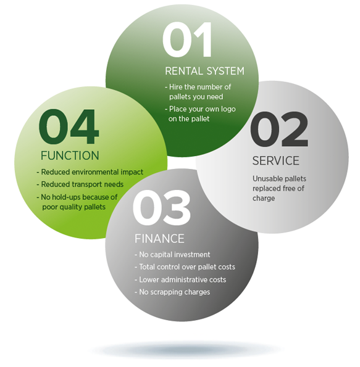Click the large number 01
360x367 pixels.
[x=187, y=39]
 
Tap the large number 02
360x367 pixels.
[x=279, y=129]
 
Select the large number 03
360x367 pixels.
[x=162, y=208]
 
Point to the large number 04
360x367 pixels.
[x=69, y=126]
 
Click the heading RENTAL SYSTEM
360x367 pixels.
[x=204, y=71]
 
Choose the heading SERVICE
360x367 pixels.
[x=275, y=161]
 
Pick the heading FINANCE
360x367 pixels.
[x=159, y=239]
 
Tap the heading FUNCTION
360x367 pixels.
[x=70, y=155]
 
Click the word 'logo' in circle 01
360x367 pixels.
[x=228, y=110]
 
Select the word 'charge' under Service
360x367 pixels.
[x=264, y=199]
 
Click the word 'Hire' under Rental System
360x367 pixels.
[x=176, y=87]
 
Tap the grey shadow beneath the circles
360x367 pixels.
[x=185, y=350]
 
